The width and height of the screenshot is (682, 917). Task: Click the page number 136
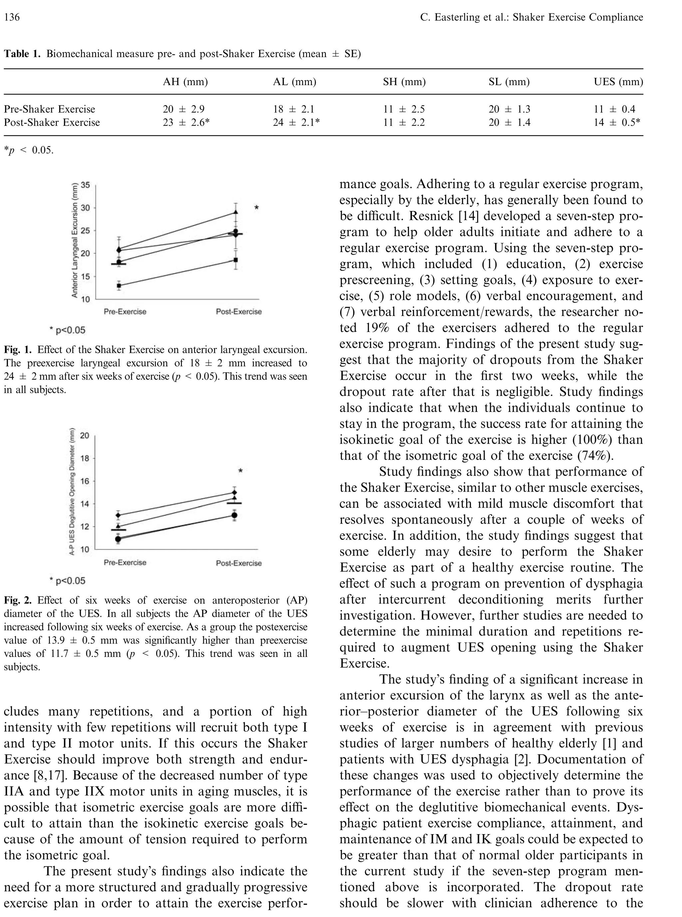coord(12,17)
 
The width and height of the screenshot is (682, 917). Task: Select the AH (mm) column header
coord(185,82)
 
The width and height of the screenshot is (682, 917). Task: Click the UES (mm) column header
coord(618,82)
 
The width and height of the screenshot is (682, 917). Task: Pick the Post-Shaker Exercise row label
coord(52,122)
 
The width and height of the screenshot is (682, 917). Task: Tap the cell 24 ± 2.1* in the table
coord(296,122)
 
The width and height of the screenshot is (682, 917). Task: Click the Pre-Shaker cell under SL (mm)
coord(510,110)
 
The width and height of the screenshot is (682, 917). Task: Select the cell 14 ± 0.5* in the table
coord(617,122)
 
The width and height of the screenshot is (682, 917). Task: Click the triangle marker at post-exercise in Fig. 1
coord(236,212)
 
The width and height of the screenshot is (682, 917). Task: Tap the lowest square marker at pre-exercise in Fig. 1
coord(119,285)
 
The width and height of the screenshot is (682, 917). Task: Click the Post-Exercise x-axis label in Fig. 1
coord(239,312)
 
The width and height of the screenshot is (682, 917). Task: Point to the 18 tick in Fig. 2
coord(85,458)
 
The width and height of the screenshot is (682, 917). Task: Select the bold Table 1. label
coord(22,54)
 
